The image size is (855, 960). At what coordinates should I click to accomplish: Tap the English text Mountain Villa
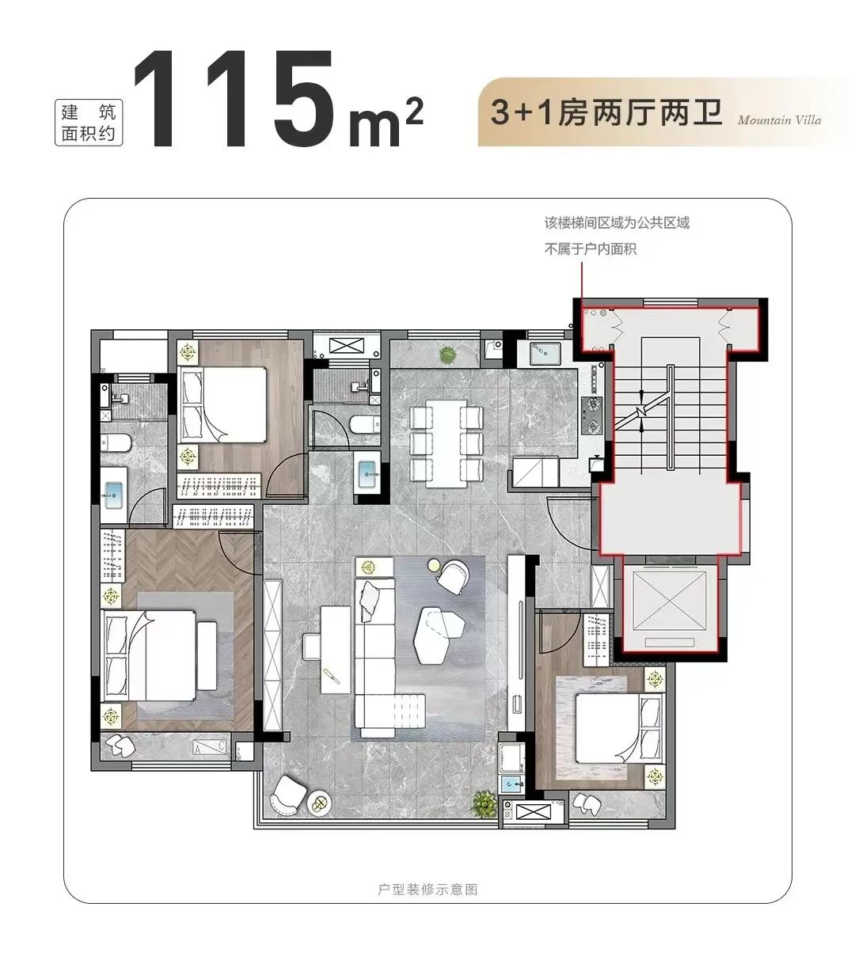779,120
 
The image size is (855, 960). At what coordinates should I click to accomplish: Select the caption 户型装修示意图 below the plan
427,890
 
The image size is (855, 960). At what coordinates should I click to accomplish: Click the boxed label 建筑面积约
89,122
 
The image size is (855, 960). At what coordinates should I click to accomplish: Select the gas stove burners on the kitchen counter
591,415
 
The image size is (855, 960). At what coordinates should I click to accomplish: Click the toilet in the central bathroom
364,424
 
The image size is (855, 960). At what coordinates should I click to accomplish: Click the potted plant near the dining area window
447,354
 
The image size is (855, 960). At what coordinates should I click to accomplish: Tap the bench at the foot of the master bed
207,656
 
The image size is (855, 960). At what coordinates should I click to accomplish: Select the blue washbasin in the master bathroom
113,495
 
